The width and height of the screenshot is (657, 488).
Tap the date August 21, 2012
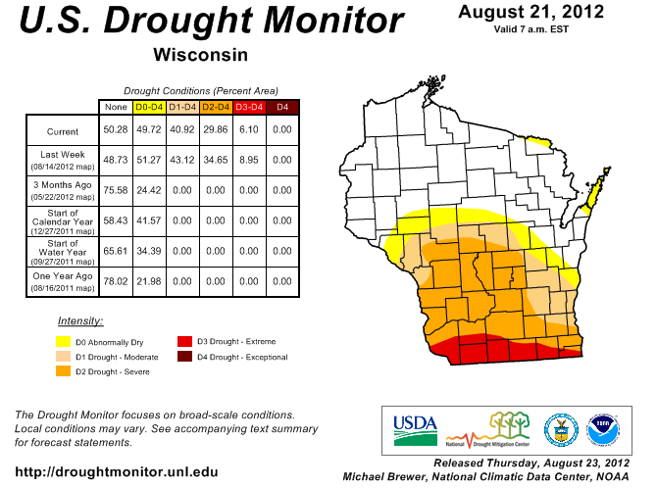point(531,12)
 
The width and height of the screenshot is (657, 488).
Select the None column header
point(115,106)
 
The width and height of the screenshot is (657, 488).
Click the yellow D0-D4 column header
point(148,106)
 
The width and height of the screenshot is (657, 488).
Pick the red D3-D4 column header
point(248,106)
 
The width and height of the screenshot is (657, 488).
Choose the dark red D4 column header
point(281,106)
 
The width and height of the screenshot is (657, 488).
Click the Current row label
point(62,130)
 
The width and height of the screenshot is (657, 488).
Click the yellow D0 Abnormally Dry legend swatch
point(63,342)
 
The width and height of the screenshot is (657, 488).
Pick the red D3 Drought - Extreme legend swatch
point(184,342)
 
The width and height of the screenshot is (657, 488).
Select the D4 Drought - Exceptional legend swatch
point(184,358)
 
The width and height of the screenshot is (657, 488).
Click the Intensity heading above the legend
point(80,321)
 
